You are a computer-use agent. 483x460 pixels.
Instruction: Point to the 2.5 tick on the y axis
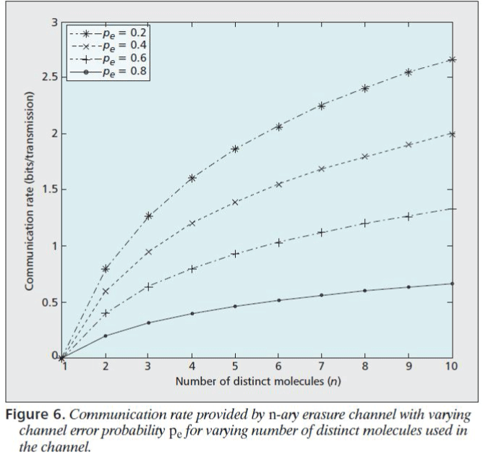[x=50, y=77]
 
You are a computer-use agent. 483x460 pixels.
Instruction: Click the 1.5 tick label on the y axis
[x=50, y=189]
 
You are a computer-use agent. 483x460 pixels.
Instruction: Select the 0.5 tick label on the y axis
[x=50, y=302]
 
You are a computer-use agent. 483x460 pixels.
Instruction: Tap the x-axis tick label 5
[x=235, y=367]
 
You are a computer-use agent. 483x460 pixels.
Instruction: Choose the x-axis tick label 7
[x=322, y=367]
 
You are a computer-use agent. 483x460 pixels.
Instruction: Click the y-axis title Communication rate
[x=30, y=191]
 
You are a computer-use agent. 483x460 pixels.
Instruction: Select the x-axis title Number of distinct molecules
[x=257, y=381]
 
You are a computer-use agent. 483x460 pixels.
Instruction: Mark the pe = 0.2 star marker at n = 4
[x=192, y=178]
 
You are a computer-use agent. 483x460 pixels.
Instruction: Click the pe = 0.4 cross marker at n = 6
[x=279, y=184]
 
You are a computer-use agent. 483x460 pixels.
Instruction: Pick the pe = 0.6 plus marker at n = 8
[x=366, y=223]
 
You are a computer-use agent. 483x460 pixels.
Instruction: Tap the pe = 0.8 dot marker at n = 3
[x=149, y=323]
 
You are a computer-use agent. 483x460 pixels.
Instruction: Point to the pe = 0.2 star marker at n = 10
[x=453, y=59]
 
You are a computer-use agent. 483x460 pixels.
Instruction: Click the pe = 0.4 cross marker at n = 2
[x=106, y=291]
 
